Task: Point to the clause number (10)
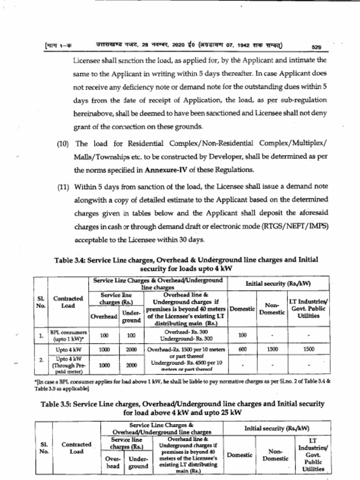[x=63, y=143]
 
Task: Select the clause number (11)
[x=63, y=187]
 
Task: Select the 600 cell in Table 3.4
[x=242, y=349]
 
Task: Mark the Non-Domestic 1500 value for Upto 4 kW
[x=272, y=349]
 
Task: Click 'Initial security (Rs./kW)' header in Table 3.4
[x=278, y=284]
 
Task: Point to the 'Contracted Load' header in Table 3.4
[x=68, y=301]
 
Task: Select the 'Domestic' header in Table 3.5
[x=240, y=455]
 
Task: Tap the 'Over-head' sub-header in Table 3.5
[x=112, y=463]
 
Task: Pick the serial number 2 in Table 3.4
[x=41, y=360]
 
